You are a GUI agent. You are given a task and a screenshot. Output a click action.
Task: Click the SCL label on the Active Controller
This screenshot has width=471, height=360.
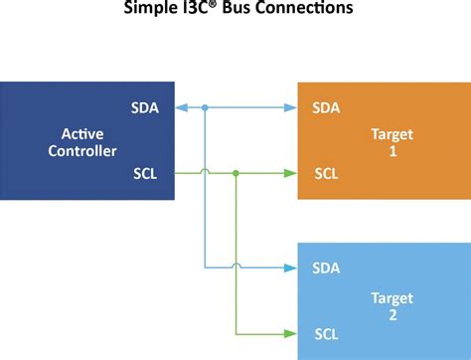click(144, 173)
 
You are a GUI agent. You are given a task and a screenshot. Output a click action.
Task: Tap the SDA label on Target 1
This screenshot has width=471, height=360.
click(326, 106)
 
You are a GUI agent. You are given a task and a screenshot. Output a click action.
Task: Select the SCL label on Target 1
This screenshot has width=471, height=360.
click(326, 173)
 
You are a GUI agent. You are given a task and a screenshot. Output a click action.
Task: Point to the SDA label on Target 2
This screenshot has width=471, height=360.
click(326, 268)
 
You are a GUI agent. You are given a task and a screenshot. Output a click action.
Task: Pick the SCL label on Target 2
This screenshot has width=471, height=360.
click(326, 332)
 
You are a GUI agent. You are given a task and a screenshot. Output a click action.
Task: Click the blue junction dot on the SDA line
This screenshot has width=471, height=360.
click(205, 106)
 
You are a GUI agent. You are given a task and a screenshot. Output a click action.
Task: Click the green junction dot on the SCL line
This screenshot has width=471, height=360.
click(235, 173)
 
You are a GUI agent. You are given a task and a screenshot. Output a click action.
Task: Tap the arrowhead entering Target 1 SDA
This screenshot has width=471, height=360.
click(292, 106)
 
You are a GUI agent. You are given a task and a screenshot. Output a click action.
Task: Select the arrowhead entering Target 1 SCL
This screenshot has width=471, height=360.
click(292, 173)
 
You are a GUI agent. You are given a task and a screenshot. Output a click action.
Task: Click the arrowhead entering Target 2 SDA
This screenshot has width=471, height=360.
click(292, 268)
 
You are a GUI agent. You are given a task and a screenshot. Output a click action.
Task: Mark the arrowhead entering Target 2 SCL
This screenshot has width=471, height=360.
click(292, 332)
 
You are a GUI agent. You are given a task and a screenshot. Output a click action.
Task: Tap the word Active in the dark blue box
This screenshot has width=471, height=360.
click(82, 133)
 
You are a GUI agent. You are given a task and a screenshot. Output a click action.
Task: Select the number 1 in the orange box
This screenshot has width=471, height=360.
click(392, 151)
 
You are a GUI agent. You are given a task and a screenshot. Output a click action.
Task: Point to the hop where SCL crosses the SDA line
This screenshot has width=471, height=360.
click(205, 172)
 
